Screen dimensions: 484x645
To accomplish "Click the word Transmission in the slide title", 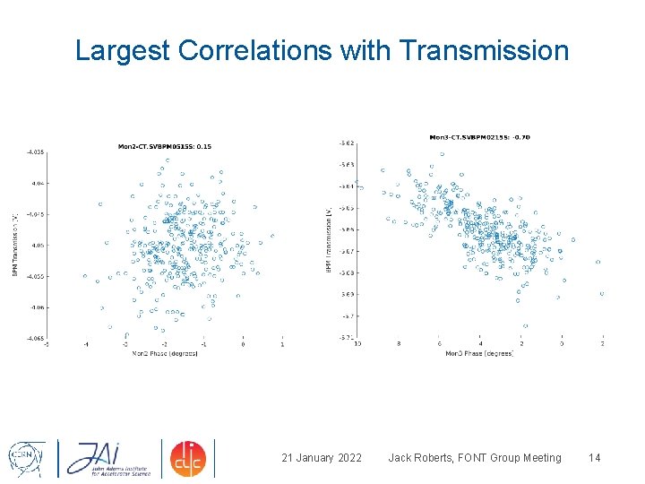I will [486, 51].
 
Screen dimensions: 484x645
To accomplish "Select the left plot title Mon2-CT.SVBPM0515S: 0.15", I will [165, 146].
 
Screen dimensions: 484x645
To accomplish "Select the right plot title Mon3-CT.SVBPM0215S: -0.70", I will [479, 137].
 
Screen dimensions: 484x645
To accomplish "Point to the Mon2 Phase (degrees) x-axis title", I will [165, 353].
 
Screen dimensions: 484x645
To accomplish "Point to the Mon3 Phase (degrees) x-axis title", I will [479, 353].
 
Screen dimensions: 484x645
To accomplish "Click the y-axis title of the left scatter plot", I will [15, 244].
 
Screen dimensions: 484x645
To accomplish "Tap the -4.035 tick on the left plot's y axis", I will [35, 152].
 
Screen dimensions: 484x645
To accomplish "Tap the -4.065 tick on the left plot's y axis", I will [35, 338].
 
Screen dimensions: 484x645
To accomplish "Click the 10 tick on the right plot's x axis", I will [358, 344].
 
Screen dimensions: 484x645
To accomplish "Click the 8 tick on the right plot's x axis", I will [399, 344].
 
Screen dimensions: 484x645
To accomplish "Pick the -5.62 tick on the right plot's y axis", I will [346, 143].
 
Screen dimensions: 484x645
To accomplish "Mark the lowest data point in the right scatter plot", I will [525, 326].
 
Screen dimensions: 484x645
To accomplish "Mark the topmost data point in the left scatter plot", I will [167, 161].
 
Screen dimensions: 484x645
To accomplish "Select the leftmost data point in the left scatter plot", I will [86, 276].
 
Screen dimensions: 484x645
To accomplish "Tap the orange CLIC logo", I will [188, 458].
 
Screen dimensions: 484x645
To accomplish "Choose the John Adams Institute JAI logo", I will [105, 458].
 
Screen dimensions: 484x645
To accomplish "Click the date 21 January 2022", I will [322, 458].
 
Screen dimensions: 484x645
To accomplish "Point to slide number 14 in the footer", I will [593, 458].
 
